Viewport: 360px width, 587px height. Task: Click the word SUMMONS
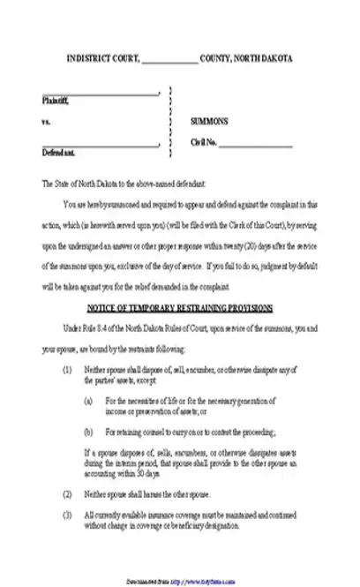click(210, 121)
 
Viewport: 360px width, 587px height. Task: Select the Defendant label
click(57, 152)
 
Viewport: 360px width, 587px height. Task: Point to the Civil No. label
click(204, 142)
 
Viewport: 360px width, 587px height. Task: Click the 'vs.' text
click(46, 121)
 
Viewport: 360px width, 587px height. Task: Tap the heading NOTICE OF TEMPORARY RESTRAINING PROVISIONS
click(179, 308)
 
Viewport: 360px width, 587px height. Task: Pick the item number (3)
click(67, 512)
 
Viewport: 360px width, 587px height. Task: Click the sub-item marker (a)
click(88, 400)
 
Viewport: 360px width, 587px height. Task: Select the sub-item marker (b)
click(88, 432)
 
